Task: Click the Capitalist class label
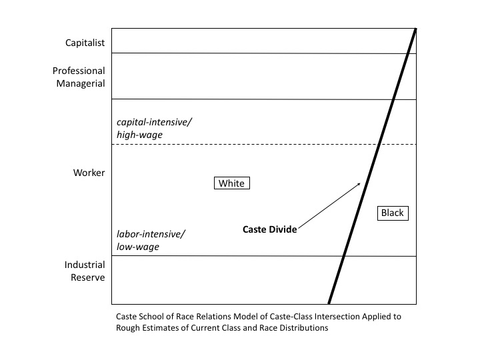click(85, 43)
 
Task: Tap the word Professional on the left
click(79, 71)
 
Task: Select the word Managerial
click(81, 83)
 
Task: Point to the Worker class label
click(89, 173)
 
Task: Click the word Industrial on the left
click(85, 265)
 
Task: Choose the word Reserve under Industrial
click(88, 277)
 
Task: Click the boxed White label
click(232, 183)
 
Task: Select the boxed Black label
click(393, 213)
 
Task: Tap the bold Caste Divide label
click(270, 229)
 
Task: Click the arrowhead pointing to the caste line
click(359, 184)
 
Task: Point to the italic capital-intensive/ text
click(154, 123)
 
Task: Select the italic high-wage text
click(139, 135)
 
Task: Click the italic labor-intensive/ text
click(151, 234)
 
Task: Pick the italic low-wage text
click(138, 247)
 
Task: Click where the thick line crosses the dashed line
click(379, 144)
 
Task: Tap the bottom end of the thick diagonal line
click(329, 303)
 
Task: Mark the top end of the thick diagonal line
click(416, 29)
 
